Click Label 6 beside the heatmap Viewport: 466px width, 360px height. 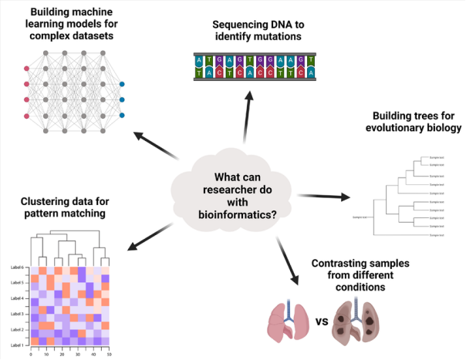tap(17, 267)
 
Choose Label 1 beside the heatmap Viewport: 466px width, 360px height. tap(17, 345)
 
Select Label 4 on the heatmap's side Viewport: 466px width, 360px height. tap(17, 298)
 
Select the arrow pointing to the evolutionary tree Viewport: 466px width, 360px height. tap(323, 198)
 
